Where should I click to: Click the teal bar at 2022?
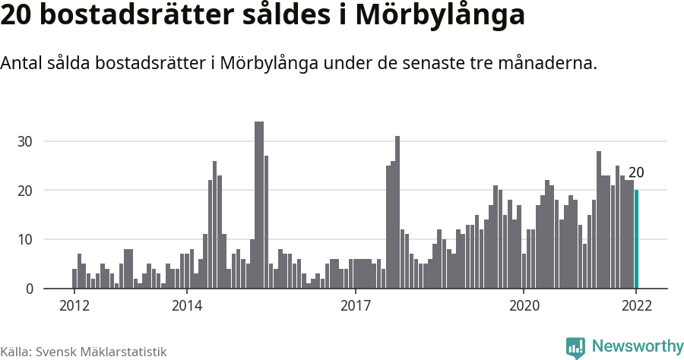tap(637, 239)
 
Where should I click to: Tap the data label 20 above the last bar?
tap(636, 172)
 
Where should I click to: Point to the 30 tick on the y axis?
tap(25, 141)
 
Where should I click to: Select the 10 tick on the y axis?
tap(25, 240)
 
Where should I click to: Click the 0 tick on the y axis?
tap(29, 289)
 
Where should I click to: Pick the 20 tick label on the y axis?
tap(25, 191)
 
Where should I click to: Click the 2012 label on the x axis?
tap(74, 306)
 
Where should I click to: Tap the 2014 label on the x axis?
tap(187, 306)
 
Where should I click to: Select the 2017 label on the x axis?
tap(356, 306)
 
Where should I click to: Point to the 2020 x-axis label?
tap(524, 306)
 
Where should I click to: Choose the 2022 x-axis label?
tap(636, 306)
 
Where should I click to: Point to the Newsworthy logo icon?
tap(575, 348)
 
